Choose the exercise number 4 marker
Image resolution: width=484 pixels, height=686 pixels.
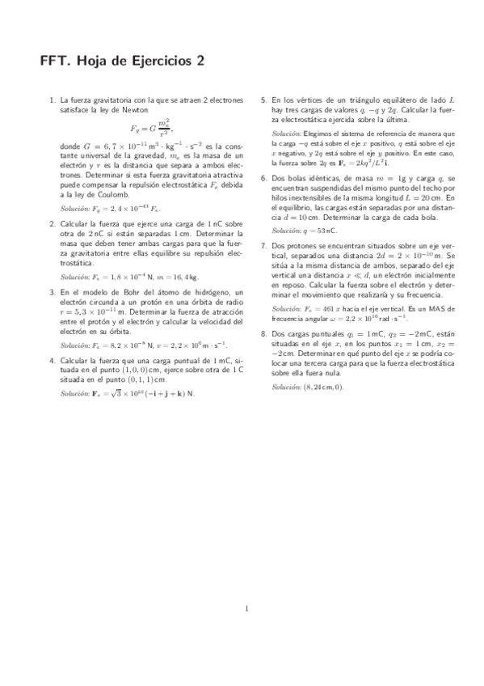point(52,359)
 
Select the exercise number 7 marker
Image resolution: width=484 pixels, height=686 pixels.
point(264,244)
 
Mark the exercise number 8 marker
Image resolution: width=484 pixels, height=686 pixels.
point(264,332)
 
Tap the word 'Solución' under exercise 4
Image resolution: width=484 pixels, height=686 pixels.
point(75,393)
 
